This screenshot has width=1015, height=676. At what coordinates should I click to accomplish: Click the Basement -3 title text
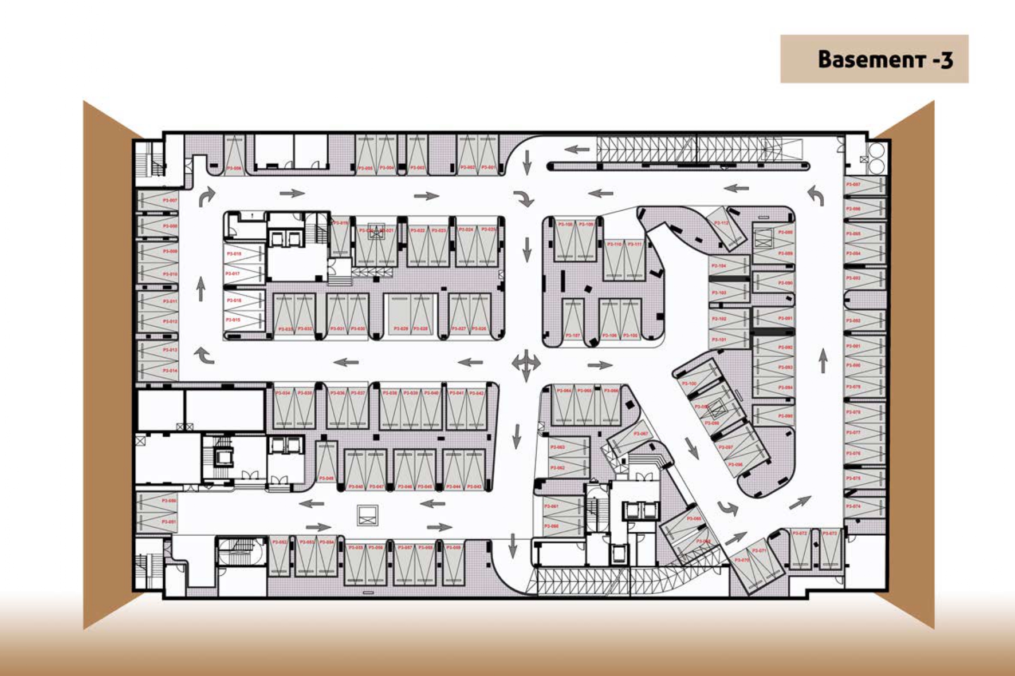[884, 60]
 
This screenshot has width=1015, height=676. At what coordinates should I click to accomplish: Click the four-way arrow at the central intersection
[526, 363]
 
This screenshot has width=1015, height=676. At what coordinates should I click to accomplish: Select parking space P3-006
[234, 155]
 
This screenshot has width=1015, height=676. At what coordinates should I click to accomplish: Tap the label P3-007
[170, 200]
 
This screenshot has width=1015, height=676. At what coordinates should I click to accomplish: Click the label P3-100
[689, 384]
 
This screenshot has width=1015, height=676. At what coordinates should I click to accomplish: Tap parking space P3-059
[453, 564]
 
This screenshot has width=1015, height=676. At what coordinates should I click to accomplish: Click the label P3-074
[853, 507]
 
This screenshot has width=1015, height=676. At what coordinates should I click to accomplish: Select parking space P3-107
[572, 321]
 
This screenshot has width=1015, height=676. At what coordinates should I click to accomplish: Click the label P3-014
[170, 371]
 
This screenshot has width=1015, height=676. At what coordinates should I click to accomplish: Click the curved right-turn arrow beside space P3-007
[207, 196]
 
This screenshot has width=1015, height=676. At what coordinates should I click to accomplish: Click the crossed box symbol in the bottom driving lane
[367, 515]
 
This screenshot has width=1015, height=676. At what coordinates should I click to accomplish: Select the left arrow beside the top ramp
[577, 150]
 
